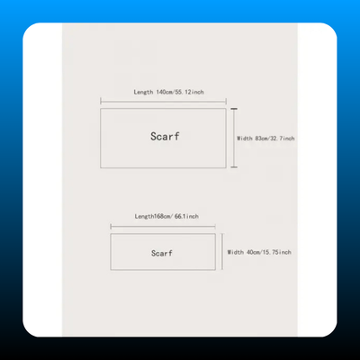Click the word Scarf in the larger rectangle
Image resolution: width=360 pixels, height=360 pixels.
click(x=165, y=137)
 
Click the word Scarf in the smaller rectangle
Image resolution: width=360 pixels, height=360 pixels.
click(x=162, y=253)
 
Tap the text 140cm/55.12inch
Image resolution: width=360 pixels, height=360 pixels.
click(x=180, y=92)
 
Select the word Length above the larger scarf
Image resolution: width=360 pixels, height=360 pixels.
click(x=143, y=92)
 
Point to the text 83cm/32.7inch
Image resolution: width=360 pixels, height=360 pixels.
click(x=274, y=139)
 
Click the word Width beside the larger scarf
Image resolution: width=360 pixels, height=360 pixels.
click(x=245, y=139)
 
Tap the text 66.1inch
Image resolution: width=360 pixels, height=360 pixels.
click(x=186, y=216)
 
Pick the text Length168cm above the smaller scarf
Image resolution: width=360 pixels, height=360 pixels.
click(x=153, y=216)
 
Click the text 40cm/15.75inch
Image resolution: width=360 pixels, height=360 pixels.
click(x=269, y=252)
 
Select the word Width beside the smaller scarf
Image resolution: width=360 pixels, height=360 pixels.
click(x=235, y=252)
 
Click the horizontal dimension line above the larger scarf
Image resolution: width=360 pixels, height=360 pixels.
click(x=163, y=102)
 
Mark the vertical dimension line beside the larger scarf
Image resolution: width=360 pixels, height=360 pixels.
click(x=234, y=138)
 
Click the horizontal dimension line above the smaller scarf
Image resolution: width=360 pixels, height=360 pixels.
click(x=163, y=227)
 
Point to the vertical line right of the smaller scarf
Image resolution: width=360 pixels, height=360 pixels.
click(x=222, y=252)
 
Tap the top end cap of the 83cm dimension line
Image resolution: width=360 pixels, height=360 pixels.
click(x=234, y=109)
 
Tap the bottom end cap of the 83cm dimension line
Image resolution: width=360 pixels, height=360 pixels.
click(x=234, y=166)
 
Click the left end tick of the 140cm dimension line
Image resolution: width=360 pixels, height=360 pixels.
click(x=101, y=102)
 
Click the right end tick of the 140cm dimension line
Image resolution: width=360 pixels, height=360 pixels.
click(x=226, y=102)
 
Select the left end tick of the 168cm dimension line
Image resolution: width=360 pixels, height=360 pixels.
click(x=111, y=227)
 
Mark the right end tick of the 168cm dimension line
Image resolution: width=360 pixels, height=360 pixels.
click(x=215, y=227)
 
